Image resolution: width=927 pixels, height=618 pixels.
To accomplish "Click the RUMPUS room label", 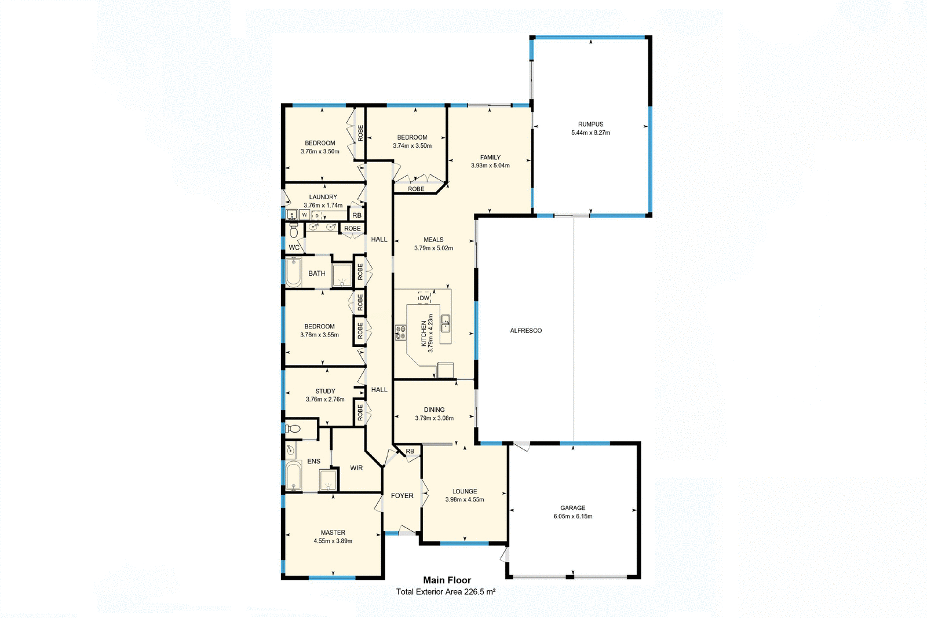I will coord(590,124).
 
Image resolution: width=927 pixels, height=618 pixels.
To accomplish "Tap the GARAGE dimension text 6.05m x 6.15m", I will coord(572,516).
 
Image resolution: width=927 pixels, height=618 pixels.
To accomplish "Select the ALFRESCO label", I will coord(525,331).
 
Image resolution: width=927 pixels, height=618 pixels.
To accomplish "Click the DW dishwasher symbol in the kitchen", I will coord(425,298).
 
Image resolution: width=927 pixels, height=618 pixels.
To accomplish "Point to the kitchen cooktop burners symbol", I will coord(400,332).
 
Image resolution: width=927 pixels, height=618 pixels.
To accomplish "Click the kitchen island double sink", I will coord(446,323).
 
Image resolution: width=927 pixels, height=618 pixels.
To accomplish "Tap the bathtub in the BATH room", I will coord(293,273).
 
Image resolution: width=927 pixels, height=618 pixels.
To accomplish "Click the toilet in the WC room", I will coord(294,232).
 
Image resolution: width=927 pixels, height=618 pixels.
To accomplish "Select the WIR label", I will coord(356,468).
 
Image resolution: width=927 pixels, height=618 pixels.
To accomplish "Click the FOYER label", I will coord(402,496).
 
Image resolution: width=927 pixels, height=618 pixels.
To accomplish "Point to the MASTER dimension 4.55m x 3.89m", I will coord(333,541).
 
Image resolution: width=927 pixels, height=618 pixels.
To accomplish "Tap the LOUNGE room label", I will coord(465,491).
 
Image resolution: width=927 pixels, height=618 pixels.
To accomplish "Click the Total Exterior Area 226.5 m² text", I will coord(446,592).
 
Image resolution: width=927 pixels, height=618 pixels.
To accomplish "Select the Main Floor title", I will coord(447,580).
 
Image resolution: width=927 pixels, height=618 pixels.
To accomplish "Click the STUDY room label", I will coord(325,391).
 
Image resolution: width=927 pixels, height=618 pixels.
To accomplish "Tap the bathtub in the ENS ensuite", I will coord(293,476).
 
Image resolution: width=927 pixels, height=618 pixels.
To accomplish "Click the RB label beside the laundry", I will coord(356,215).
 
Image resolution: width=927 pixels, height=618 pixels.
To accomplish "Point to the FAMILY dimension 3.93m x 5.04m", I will coord(490,166).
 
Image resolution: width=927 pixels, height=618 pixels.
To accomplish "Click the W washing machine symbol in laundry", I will coord(304,215).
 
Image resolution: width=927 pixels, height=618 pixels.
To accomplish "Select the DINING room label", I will coord(434,409).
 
